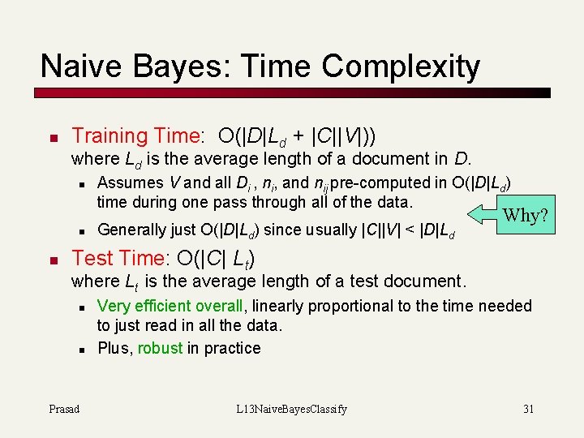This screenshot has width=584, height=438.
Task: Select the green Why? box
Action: click(x=526, y=215)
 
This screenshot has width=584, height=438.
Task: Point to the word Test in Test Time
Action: click(x=92, y=258)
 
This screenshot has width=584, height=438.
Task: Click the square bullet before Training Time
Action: click(x=50, y=137)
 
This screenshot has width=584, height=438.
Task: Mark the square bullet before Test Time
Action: click(x=50, y=260)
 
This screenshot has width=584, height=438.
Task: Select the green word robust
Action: click(x=160, y=348)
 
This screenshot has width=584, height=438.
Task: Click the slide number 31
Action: click(x=528, y=409)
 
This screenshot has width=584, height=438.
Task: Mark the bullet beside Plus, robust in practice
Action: click(x=82, y=349)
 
